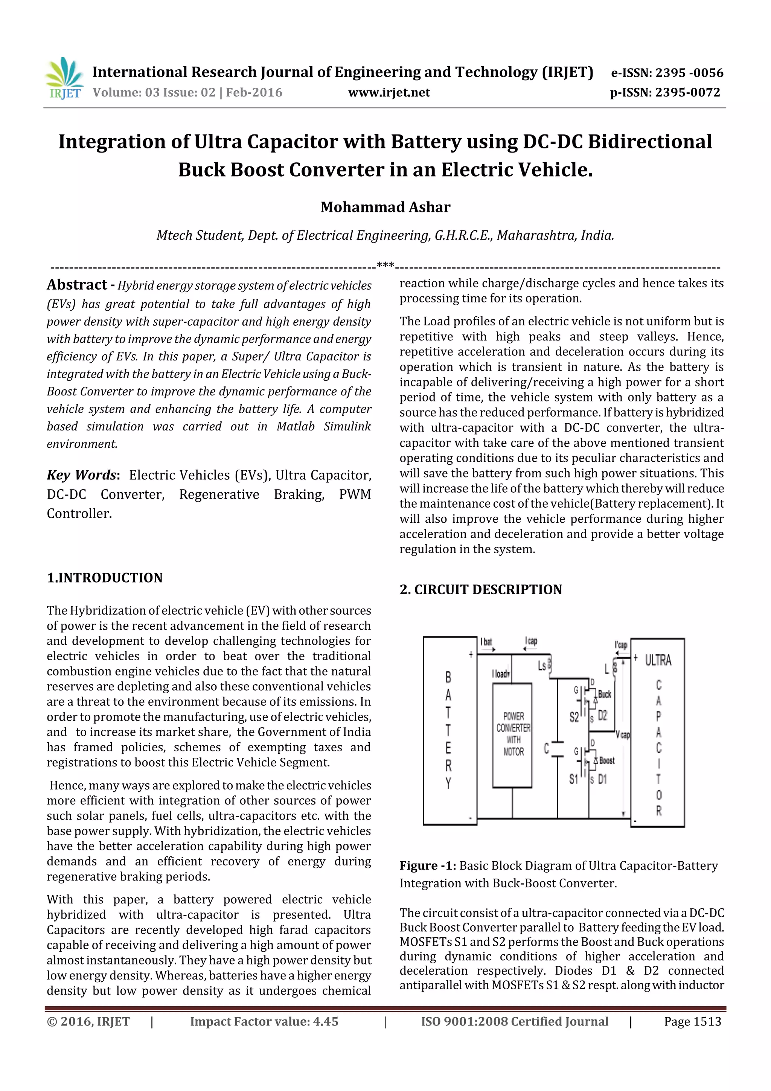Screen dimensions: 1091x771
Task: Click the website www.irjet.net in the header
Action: [389, 93]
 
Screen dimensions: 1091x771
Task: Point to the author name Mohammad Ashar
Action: [385, 207]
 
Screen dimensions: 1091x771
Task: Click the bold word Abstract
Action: [77, 285]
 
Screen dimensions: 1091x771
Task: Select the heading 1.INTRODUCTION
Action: [105, 578]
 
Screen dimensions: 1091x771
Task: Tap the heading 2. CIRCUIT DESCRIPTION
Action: [480, 590]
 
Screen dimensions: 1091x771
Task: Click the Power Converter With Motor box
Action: [513, 734]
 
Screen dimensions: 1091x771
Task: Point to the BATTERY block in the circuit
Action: [448, 732]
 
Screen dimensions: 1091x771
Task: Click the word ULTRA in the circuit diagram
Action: [658, 661]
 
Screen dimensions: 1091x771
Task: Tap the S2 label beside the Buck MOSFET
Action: [574, 717]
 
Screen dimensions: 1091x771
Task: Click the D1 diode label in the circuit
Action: [602, 779]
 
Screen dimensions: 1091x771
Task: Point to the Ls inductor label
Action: [542, 666]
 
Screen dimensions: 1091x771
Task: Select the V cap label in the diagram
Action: [622, 735]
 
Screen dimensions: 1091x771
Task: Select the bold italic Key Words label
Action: [82, 475]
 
